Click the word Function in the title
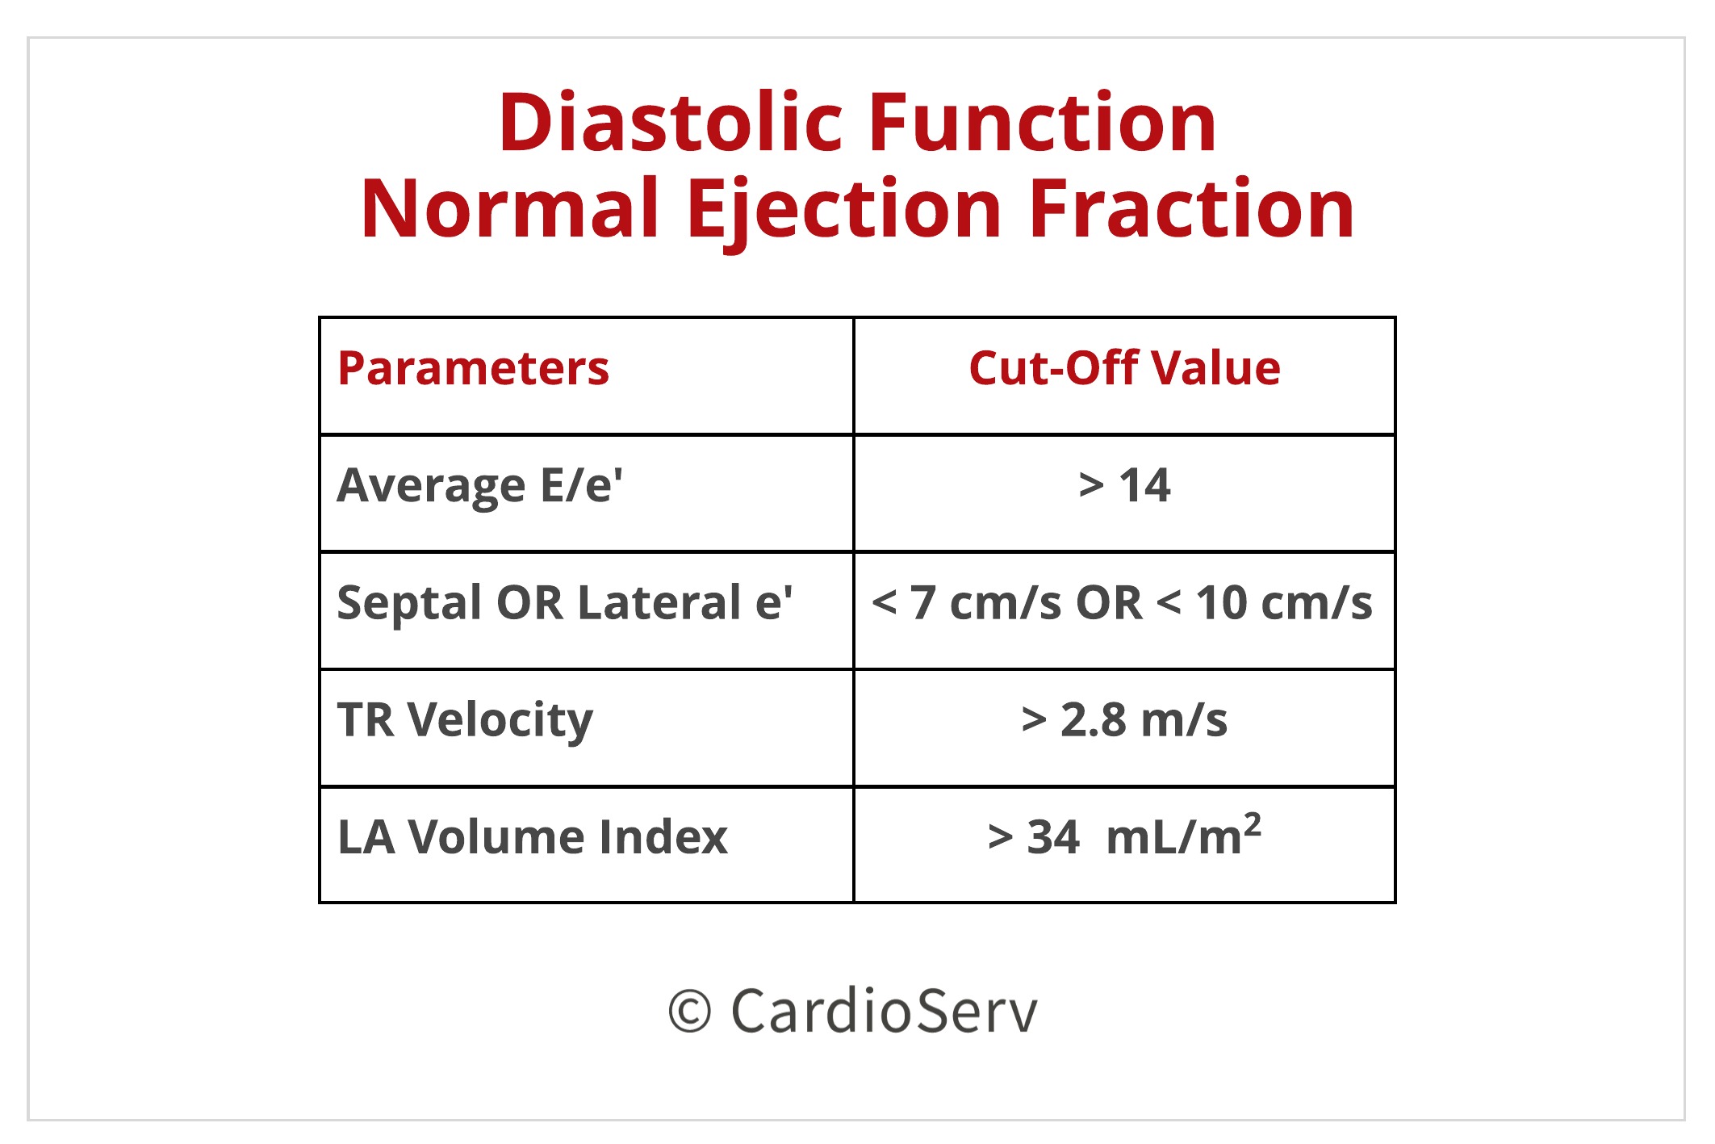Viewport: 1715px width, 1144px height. [1042, 123]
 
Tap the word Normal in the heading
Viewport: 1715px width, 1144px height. [510, 210]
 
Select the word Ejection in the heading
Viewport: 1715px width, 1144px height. [843, 210]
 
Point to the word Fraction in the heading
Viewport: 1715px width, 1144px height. [1192, 210]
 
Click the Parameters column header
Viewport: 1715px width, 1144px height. [473, 369]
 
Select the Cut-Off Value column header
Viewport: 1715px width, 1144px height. [1124, 369]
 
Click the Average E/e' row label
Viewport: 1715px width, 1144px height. [479, 486]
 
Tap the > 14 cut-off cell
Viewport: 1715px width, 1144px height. [1124, 486]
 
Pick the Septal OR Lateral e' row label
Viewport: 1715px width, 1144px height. [564, 603]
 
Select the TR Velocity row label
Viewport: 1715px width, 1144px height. [465, 720]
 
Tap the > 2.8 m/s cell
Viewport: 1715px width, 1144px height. [1124, 720]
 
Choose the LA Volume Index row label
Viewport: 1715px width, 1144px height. [533, 837]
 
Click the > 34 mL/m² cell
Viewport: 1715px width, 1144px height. [1124, 837]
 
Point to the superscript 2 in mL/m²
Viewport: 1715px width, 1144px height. [1252, 824]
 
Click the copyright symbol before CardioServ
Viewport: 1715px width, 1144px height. [689, 1012]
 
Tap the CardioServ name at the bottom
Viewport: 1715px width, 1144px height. [884, 1011]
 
